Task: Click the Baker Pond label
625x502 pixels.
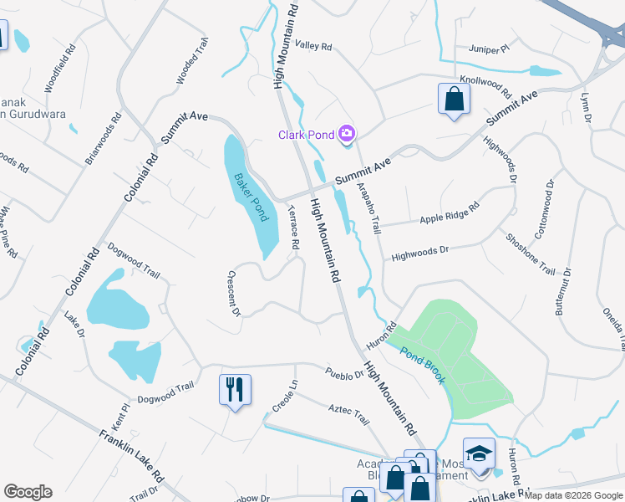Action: (x=251, y=196)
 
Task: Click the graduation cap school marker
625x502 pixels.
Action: (x=479, y=453)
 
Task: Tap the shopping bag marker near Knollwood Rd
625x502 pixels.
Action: (x=454, y=99)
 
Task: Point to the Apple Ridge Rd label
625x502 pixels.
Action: (x=450, y=213)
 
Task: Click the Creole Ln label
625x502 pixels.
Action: (x=284, y=400)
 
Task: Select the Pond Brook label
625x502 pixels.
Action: (x=422, y=365)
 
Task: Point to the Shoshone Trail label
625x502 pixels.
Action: (x=530, y=254)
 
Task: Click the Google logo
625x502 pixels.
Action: (x=28, y=492)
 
